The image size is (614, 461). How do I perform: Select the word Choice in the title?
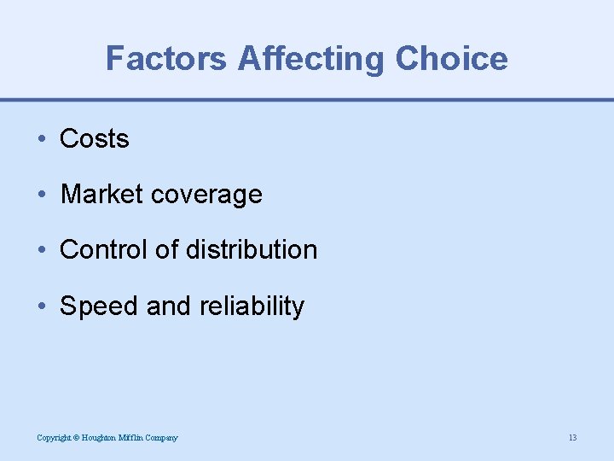point(452,59)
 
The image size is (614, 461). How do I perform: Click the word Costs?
point(94,139)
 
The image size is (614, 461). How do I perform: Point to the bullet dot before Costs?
point(42,139)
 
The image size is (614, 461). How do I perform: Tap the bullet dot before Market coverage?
point(42,195)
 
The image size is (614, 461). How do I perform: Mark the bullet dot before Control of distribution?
point(42,250)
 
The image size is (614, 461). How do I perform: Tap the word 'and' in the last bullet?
point(169,306)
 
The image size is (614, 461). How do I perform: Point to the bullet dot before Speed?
point(42,306)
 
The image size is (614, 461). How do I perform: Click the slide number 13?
point(572,438)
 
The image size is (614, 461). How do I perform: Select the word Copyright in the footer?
point(53,438)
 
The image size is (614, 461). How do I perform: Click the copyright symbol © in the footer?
point(76,438)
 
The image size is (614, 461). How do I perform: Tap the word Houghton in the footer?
point(99,438)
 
